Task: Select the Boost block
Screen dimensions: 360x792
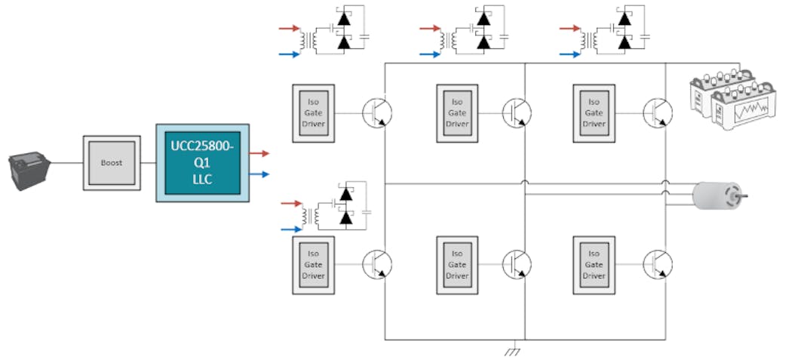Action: [111, 163]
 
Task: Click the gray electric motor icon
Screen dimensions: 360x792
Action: [720, 195]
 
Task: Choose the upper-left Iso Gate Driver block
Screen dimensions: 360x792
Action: [312, 112]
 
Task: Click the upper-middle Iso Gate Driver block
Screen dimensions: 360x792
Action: [457, 112]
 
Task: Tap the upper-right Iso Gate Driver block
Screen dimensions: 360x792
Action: [594, 112]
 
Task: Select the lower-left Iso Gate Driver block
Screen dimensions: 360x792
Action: [312, 264]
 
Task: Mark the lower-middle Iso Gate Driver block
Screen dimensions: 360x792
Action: [457, 264]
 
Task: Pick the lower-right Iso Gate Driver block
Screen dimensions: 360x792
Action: [594, 264]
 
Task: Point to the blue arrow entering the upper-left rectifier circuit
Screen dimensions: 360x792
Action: [290, 54]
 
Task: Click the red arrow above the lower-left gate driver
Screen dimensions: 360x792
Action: [290, 202]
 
